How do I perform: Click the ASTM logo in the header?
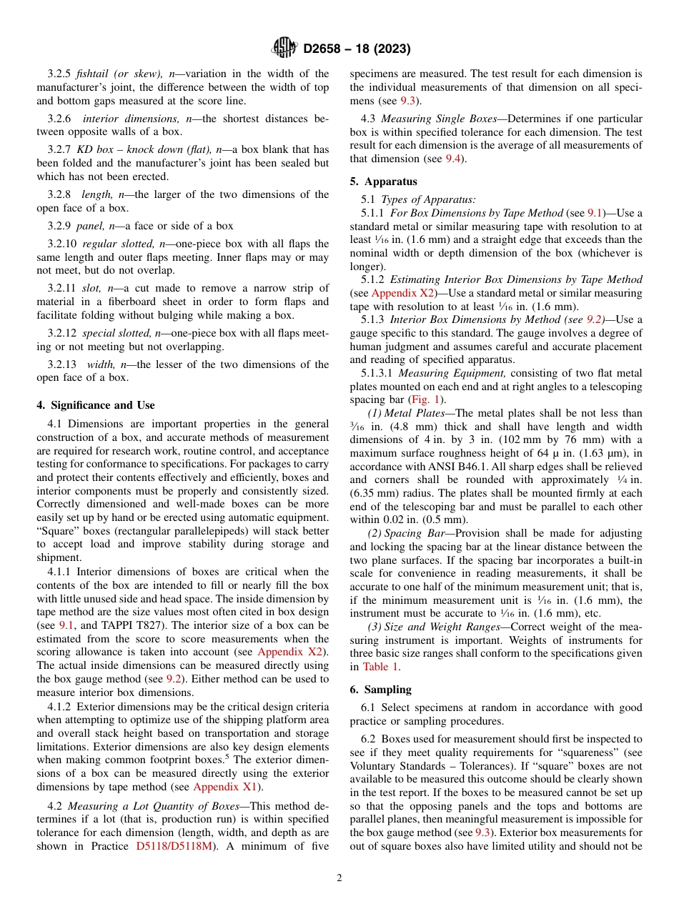[x=284, y=48]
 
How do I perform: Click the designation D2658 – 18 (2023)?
[x=357, y=49]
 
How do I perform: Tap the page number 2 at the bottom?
[x=339, y=878]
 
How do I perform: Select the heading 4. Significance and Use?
[x=95, y=405]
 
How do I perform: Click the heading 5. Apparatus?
[x=383, y=182]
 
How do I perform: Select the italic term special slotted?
[x=115, y=333]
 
